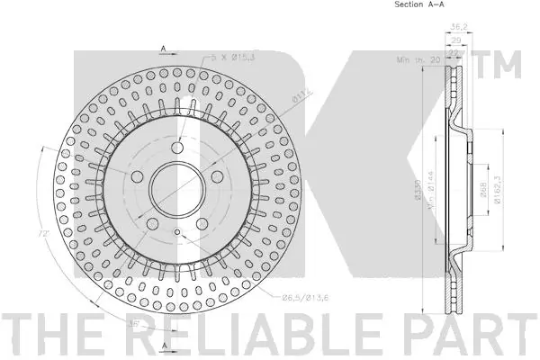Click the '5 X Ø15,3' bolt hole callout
[x=230, y=58]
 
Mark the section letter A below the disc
[x=165, y=346]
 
